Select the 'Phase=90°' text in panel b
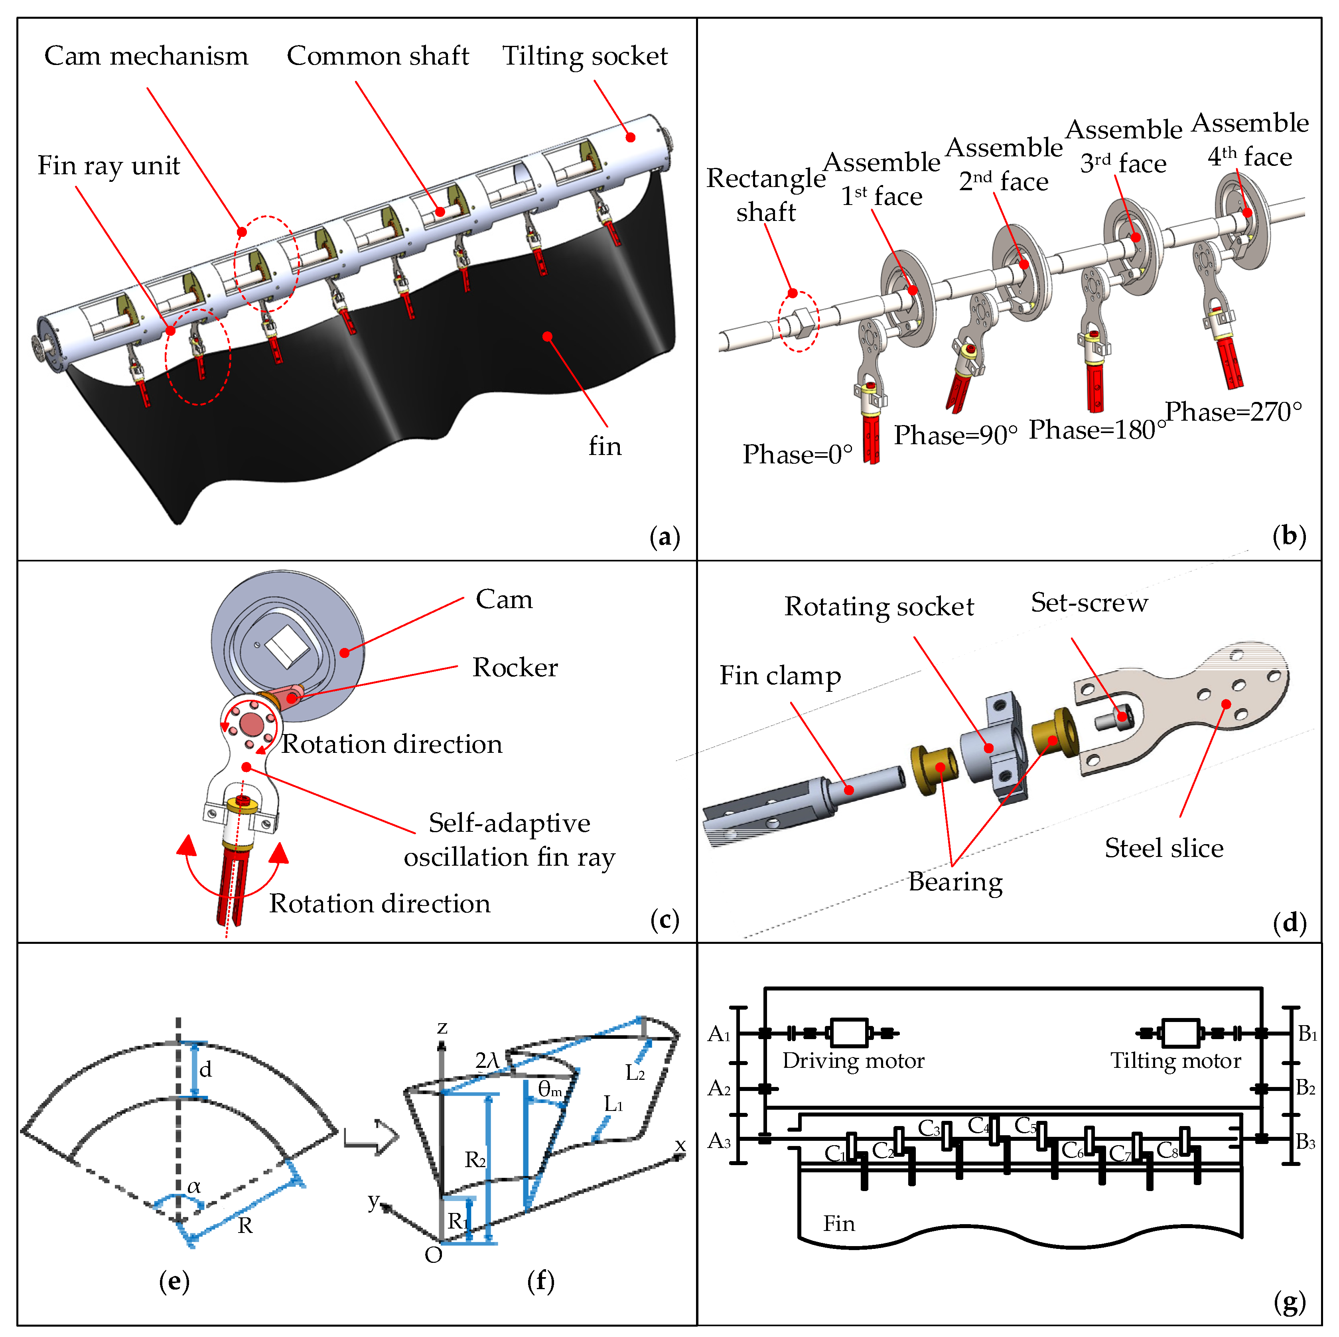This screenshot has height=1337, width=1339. [x=955, y=435]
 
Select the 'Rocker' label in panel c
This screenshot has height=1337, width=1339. [x=515, y=667]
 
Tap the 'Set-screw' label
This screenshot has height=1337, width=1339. [x=1089, y=602]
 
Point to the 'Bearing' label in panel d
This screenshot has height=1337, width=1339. [x=955, y=881]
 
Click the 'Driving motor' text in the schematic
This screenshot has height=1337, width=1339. [x=853, y=1061]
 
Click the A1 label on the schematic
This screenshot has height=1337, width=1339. [x=719, y=1034]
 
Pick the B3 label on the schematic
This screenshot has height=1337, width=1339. [x=1306, y=1141]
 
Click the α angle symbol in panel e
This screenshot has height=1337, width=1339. [x=194, y=1186]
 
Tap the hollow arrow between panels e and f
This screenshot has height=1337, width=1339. [x=372, y=1137]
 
